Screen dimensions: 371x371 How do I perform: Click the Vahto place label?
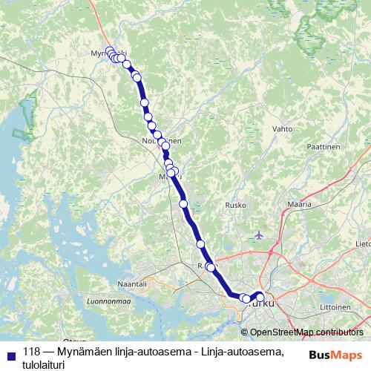click(x=283, y=128)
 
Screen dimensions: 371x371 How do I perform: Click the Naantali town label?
click(x=134, y=283)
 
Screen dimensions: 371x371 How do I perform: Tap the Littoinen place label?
click(x=335, y=306)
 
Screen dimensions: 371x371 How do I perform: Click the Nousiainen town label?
click(x=161, y=139)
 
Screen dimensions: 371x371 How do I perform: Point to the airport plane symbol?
click(x=258, y=235)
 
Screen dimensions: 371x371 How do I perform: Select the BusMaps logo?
click(x=335, y=354)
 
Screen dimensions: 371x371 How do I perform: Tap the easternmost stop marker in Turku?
click(x=260, y=298)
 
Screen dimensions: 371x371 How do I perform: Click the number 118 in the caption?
click(x=32, y=351)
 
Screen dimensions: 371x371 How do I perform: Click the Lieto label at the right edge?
click(x=363, y=243)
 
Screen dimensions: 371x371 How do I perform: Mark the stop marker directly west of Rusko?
click(x=183, y=203)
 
